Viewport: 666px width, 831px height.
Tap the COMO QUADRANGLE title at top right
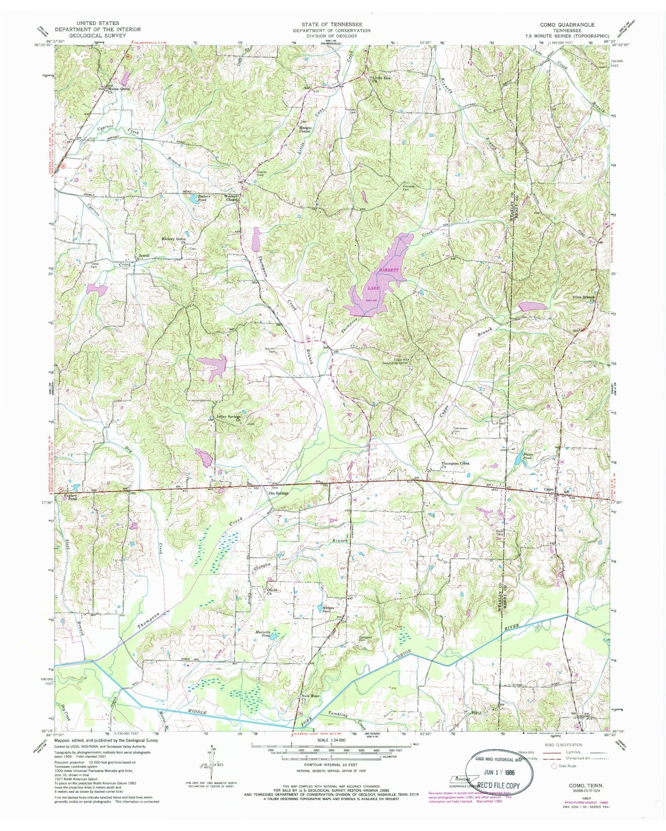(x=570, y=25)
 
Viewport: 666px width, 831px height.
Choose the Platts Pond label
(x=528, y=456)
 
